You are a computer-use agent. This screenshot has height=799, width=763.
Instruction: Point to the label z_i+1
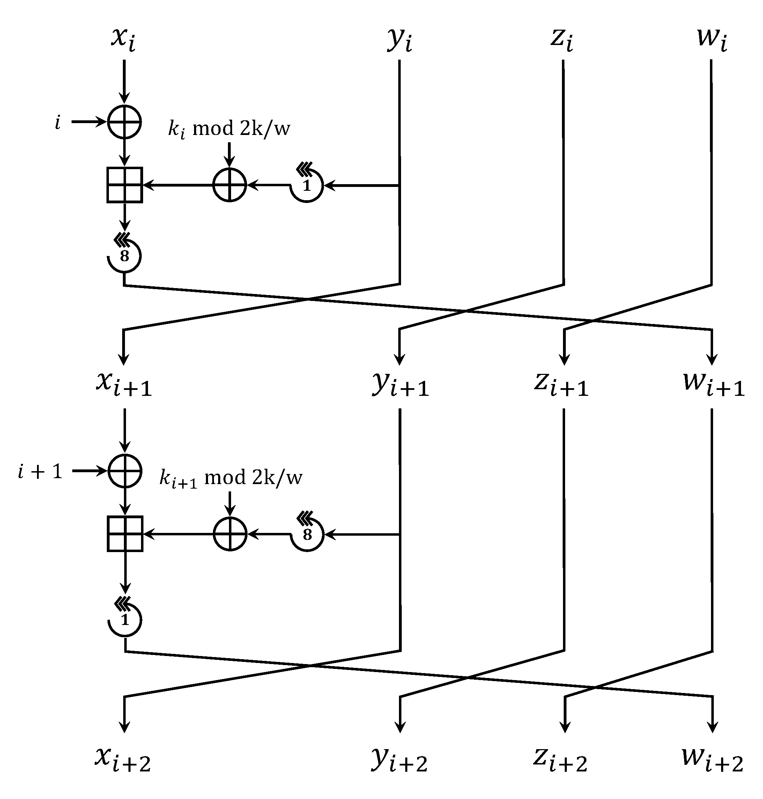click(561, 384)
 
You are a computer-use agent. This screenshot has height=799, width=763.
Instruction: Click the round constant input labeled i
click(58, 122)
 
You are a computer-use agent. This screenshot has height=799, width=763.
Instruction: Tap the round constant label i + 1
click(40, 472)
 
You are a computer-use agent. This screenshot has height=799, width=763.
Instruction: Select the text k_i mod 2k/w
click(229, 129)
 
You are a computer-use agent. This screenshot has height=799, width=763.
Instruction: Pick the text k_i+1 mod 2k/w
click(231, 478)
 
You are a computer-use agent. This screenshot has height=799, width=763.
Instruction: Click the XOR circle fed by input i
click(125, 122)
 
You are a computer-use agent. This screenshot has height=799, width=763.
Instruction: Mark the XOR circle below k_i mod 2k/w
click(230, 185)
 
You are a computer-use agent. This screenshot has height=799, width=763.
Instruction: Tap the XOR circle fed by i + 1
click(125, 471)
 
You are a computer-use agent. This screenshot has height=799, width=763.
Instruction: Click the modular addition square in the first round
click(125, 185)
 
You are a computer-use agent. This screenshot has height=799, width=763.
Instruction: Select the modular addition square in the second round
click(125, 534)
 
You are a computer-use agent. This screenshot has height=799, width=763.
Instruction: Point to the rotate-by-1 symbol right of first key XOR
click(307, 185)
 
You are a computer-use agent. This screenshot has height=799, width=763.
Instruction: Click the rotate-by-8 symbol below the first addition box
click(125, 255)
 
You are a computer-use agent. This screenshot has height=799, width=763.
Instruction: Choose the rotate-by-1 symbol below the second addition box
click(125, 619)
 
